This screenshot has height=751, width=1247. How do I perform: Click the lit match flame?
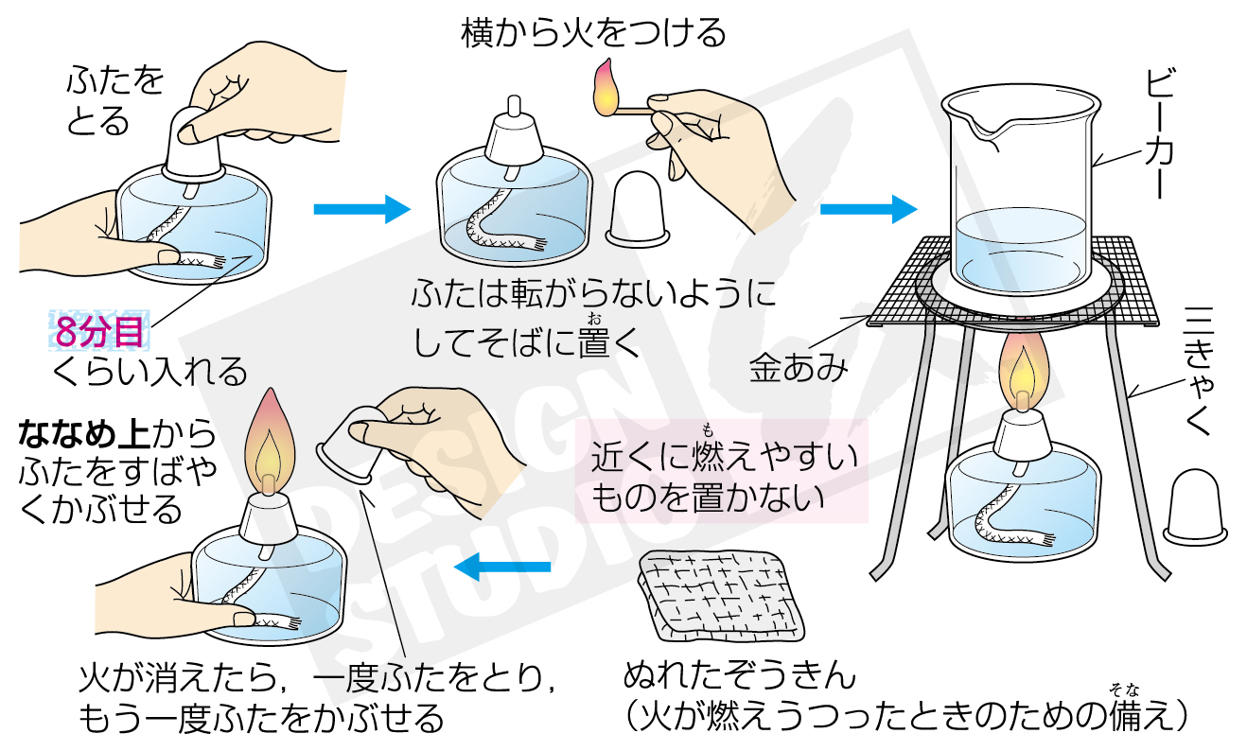coord(606,86)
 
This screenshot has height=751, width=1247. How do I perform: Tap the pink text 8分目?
coord(99,332)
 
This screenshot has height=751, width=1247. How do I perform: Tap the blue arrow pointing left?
coord(501,567)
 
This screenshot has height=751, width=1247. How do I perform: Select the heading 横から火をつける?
coord(593,34)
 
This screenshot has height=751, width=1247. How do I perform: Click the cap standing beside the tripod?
coord(1196,507)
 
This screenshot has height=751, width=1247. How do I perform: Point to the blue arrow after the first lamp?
coord(360,208)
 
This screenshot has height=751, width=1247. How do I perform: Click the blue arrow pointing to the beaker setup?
coord(867,208)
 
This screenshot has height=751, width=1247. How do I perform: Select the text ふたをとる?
coord(114,99)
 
